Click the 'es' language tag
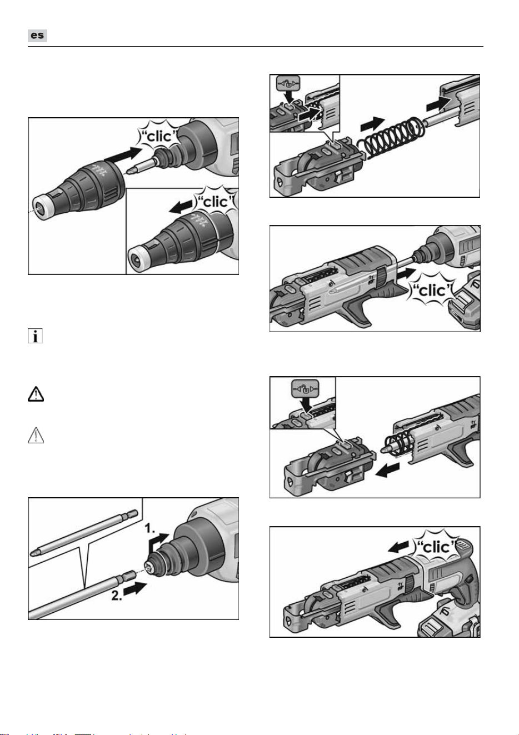pyautogui.click(x=37, y=35)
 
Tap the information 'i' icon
pyautogui.click(x=35, y=336)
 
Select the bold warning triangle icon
pyautogui.click(x=36, y=394)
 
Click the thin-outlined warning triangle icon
pyautogui.click(x=36, y=436)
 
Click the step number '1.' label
pyautogui.click(x=151, y=528)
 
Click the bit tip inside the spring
pyautogui.click(x=386, y=449)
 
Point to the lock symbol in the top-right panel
pyautogui.click(x=288, y=84)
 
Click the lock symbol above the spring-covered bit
pyautogui.click(x=305, y=388)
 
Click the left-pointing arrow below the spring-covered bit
pyautogui.click(x=388, y=469)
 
